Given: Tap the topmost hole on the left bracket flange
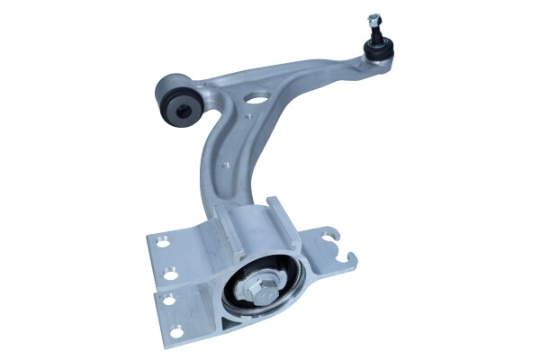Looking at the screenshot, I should point(164,241).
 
